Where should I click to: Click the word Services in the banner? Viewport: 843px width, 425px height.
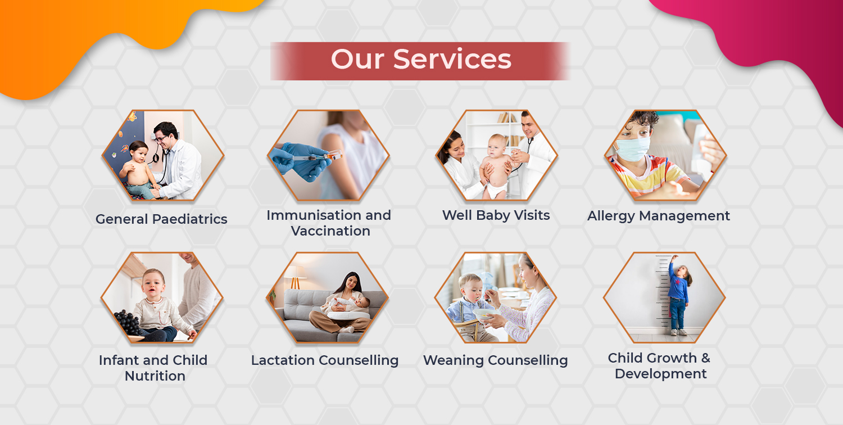[x=452, y=60]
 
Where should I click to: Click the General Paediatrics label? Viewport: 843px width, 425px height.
[x=161, y=219]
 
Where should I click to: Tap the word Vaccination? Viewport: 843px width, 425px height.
[x=330, y=230]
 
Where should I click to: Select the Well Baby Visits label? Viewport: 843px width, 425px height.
[x=496, y=215]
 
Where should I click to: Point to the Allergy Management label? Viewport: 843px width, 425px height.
[x=659, y=216]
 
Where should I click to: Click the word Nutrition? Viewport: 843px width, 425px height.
[x=155, y=376]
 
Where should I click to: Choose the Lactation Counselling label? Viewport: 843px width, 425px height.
[x=325, y=360]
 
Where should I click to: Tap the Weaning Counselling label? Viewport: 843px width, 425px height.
[x=495, y=360]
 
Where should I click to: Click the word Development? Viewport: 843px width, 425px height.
[x=661, y=374]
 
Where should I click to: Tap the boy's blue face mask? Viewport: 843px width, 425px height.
[x=633, y=148]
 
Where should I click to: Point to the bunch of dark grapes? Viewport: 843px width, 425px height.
[x=128, y=322]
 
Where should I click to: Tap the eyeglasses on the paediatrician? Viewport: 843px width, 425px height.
[x=161, y=138]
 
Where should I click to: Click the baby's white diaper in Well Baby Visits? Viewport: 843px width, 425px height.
[x=496, y=189]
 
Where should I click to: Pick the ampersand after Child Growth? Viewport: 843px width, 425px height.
[x=705, y=358]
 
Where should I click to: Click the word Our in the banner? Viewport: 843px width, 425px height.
[x=358, y=60]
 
